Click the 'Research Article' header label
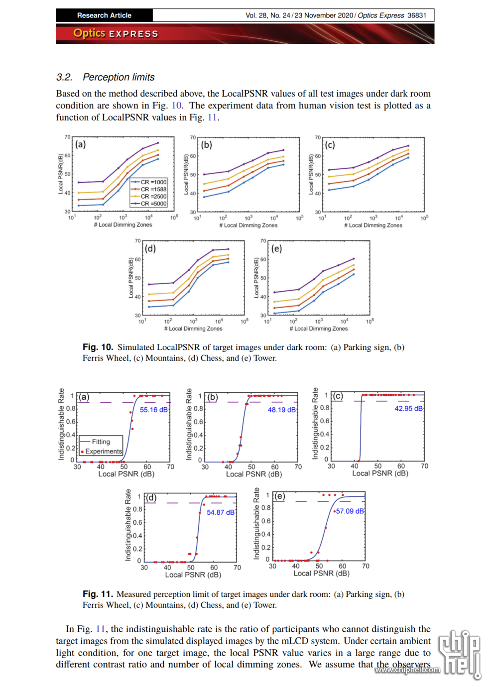coord(104,15)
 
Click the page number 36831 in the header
coord(417,15)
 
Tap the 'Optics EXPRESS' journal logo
coord(116,33)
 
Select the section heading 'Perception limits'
coord(119,77)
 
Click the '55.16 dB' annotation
coord(154,410)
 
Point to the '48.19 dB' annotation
coord(281,410)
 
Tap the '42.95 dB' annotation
coord(408,409)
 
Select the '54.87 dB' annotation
coord(221,512)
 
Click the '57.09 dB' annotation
coord(350,511)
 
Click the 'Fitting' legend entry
coord(101,442)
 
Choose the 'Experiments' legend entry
coord(103,452)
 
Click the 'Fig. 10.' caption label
coord(98,347)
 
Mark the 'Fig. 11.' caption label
coord(98,594)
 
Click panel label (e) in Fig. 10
coord(276,248)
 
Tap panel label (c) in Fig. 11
coord(338,396)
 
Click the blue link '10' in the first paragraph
coord(176,106)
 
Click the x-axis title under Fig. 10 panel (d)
coord(193,329)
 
